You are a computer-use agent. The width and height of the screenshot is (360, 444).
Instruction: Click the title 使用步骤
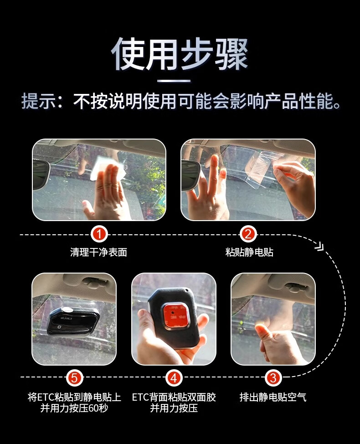(180, 54)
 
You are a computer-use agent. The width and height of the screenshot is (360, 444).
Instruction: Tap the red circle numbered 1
(99, 234)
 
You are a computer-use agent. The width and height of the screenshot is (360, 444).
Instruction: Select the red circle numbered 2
(248, 234)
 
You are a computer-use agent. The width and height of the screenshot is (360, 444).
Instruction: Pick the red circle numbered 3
(273, 378)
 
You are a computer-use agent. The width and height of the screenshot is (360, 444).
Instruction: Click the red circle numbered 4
(174, 378)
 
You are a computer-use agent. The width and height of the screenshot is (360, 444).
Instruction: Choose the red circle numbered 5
(74, 378)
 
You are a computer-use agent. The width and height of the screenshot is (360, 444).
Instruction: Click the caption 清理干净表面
(98, 252)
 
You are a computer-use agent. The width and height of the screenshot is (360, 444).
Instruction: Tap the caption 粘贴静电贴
(249, 252)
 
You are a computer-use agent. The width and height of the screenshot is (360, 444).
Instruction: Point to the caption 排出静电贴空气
(273, 397)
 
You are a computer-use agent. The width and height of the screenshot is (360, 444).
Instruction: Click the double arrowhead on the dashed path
(319, 247)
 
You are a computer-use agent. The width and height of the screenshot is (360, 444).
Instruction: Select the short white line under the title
(174, 81)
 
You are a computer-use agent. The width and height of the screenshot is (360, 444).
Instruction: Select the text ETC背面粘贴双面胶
(174, 397)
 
